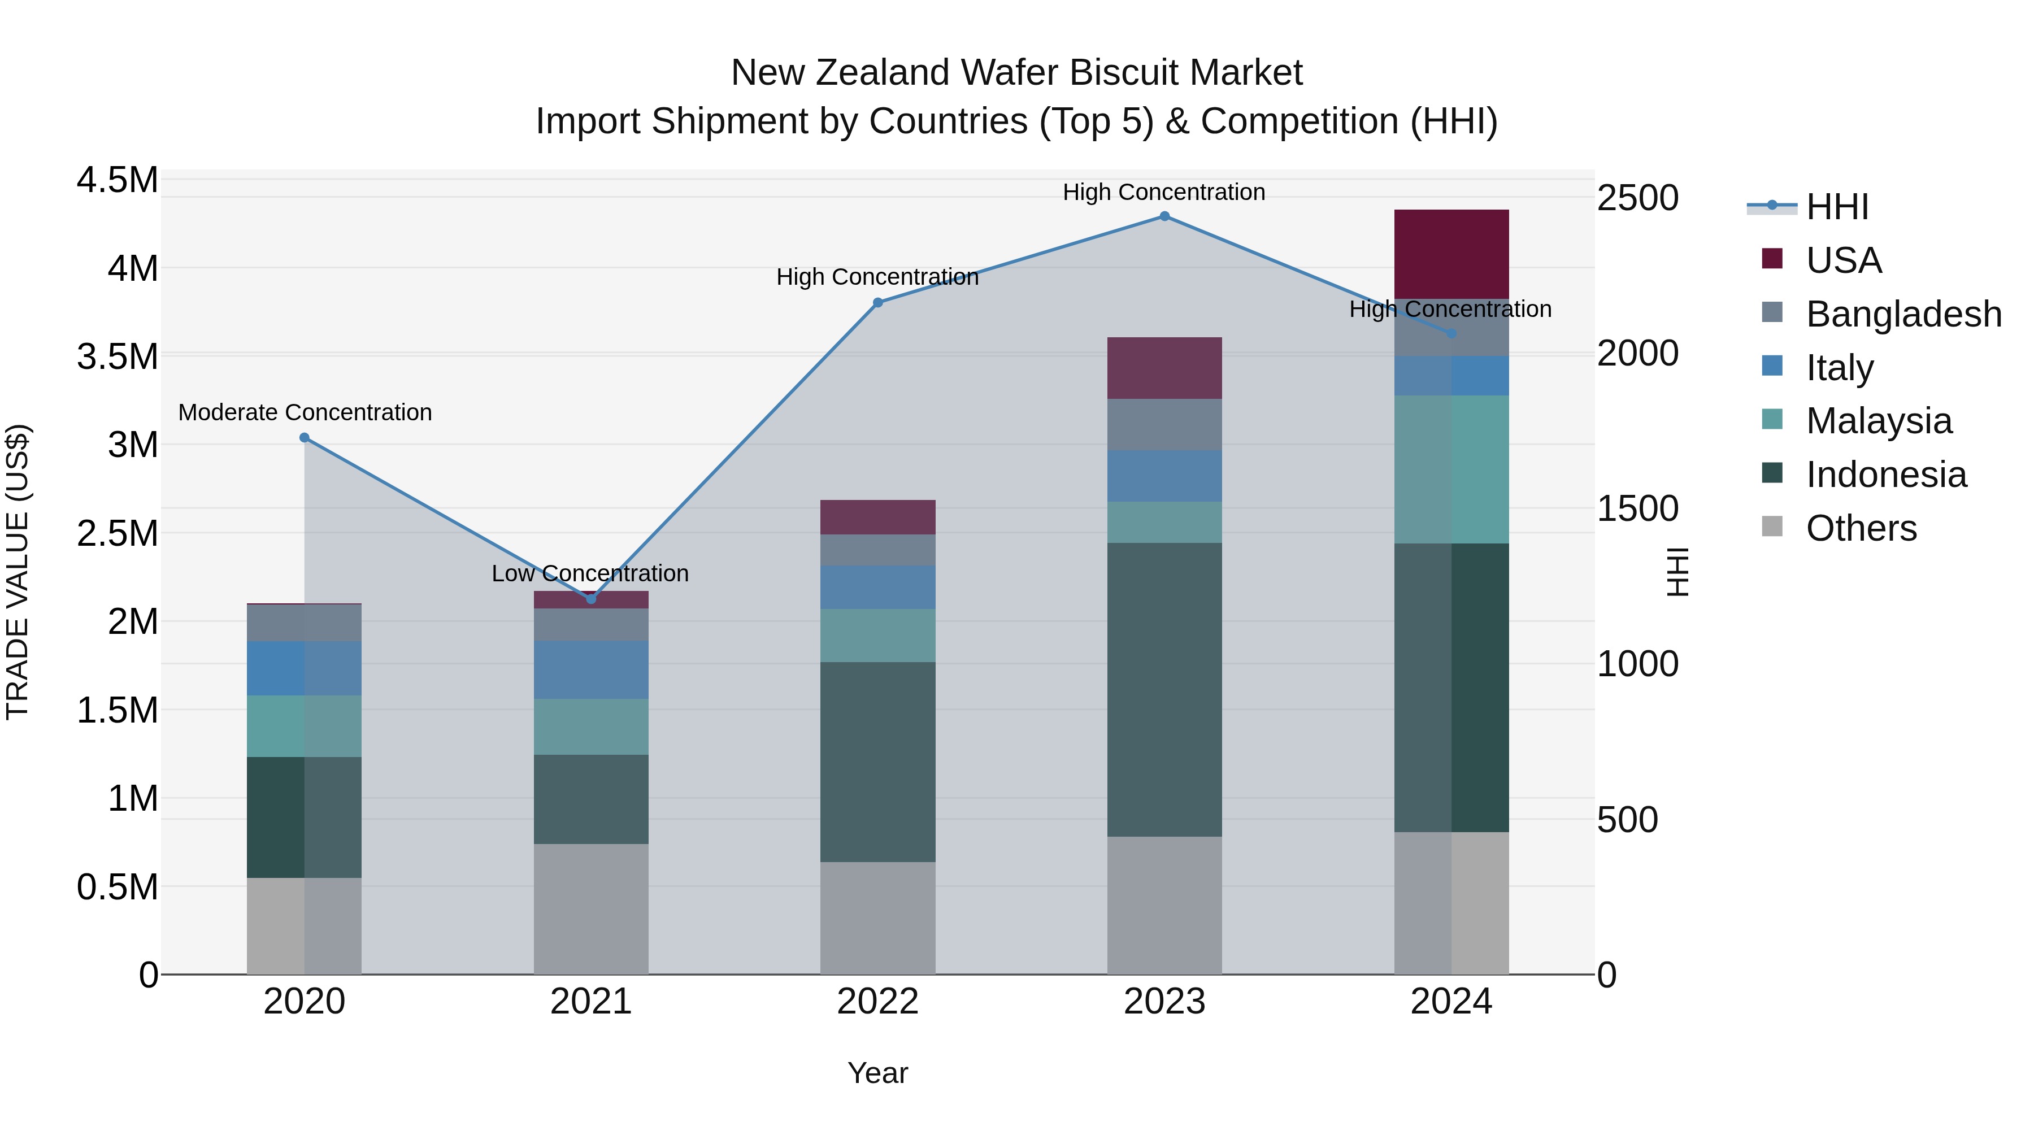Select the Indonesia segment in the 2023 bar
[x=1164, y=689]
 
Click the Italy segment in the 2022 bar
[x=877, y=586]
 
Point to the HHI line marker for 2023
[x=1164, y=216]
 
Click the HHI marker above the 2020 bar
[x=305, y=437]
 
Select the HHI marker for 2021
[x=590, y=598]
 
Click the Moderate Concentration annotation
[x=305, y=413]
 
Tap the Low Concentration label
[x=590, y=573]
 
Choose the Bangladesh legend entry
[x=1903, y=314]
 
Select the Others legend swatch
[x=1772, y=527]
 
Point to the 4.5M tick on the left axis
[x=117, y=180]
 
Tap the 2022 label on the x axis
[x=877, y=1002]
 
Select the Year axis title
[x=877, y=1073]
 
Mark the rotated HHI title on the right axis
[x=1676, y=572]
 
